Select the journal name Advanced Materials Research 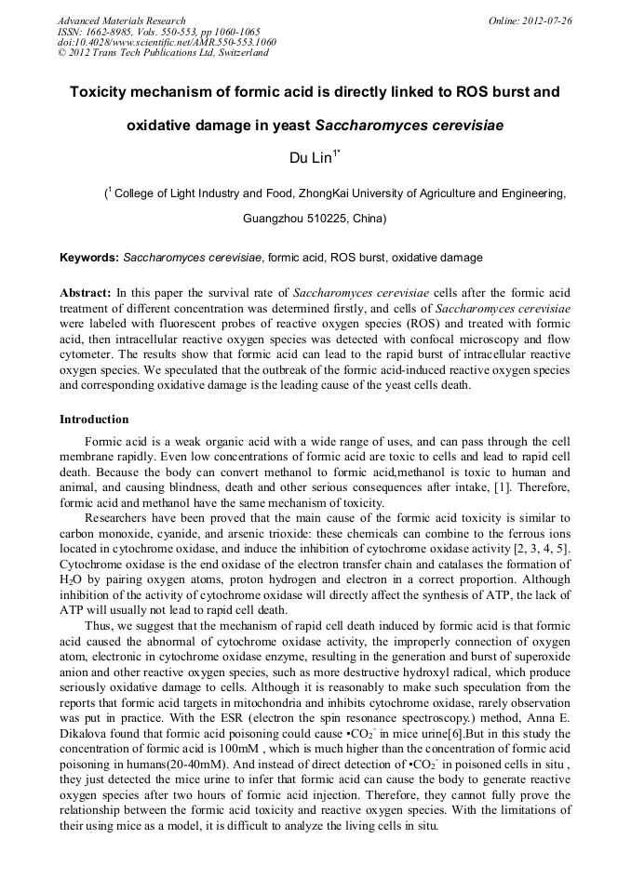point(121,20)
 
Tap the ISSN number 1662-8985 point(109,32)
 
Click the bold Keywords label point(89,257)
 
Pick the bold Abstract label point(86,292)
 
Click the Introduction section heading point(94,419)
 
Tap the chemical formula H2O point(72,578)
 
